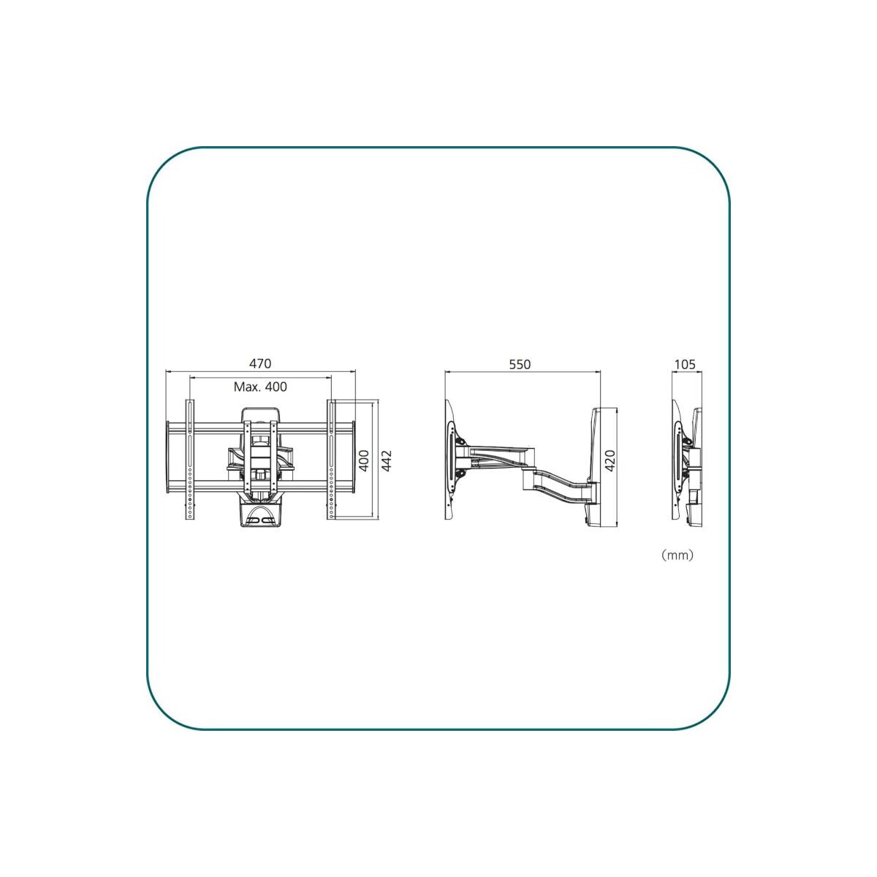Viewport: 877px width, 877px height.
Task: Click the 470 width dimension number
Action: pos(260,364)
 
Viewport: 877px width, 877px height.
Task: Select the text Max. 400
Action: pos(260,387)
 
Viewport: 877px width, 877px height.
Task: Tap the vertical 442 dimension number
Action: pos(386,460)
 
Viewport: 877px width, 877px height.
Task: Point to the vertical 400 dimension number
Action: pos(364,460)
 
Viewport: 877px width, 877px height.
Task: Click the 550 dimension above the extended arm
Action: pos(520,364)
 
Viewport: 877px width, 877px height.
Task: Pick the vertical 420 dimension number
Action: pos(610,460)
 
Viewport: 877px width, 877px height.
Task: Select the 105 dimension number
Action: pos(685,364)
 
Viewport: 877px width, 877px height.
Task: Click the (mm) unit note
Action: pos(677,555)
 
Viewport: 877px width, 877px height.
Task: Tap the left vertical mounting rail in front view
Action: pos(190,460)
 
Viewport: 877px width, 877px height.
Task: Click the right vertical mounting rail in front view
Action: pos(331,460)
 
